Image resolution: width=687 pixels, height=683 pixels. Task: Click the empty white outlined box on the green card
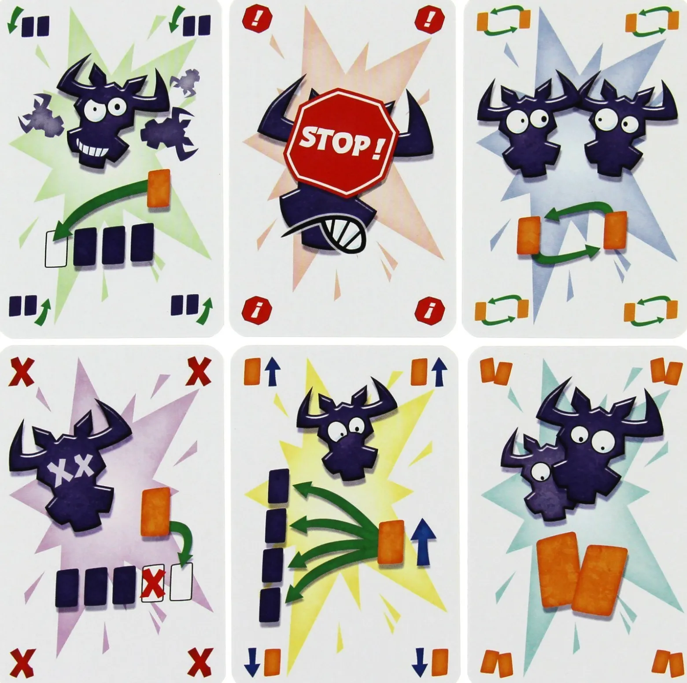pyautogui.click(x=56, y=250)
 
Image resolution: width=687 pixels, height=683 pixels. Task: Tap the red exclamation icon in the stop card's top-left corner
pyautogui.click(x=252, y=20)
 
